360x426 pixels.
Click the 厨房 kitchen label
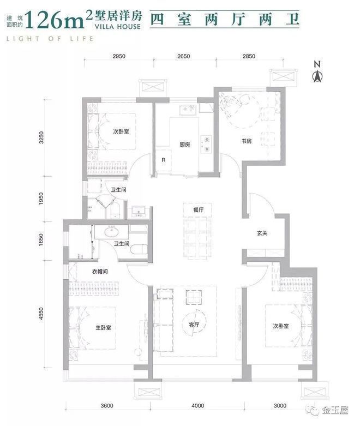click(185, 145)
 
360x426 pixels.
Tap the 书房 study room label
click(247, 141)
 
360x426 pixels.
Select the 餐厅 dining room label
click(199, 210)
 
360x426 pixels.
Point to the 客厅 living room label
click(194, 325)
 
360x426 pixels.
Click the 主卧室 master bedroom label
click(103, 328)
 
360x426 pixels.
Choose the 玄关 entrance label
click(262, 233)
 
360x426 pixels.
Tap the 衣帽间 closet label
click(100, 272)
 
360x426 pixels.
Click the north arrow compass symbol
click(317, 71)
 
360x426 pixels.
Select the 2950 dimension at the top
click(119, 56)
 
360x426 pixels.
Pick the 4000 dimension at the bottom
click(198, 406)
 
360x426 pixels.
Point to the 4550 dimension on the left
click(41, 314)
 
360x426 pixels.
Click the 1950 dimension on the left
click(41, 199)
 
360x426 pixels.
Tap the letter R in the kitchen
click(163, 160)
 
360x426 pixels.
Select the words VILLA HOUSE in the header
click(118, 27)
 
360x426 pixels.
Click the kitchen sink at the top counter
click(188, 110)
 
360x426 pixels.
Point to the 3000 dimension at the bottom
click(280, 406)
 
